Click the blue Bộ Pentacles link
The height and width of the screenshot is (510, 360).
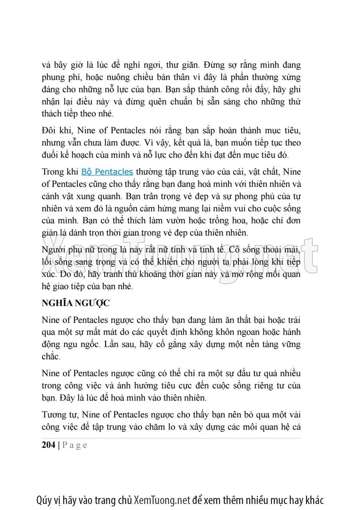coord(107,172)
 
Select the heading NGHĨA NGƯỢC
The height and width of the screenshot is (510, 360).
coord(76,303)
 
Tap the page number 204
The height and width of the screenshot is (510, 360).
coord(48,445)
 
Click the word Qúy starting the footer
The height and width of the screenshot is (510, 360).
coord(44,500)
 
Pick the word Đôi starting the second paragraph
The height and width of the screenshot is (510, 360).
coord(49,130)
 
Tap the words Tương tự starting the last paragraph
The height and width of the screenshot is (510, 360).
coord(59,415)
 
